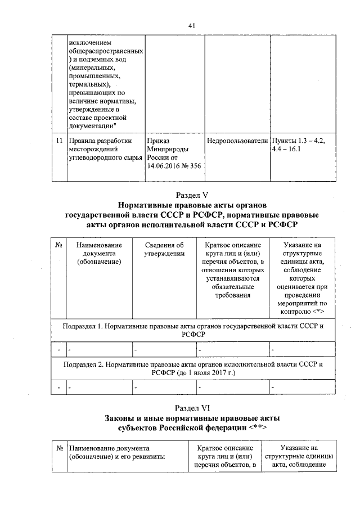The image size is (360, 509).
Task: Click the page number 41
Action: point(191,26)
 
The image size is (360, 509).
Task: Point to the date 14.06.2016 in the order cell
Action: point(163,165)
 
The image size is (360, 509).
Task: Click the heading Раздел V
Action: point(192,195)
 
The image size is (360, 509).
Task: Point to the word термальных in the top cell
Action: point(88,84)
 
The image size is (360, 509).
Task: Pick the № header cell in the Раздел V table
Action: point(58,245)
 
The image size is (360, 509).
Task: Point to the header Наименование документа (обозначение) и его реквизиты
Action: point(116,452)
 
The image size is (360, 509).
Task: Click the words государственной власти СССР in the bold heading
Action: point(120,215)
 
